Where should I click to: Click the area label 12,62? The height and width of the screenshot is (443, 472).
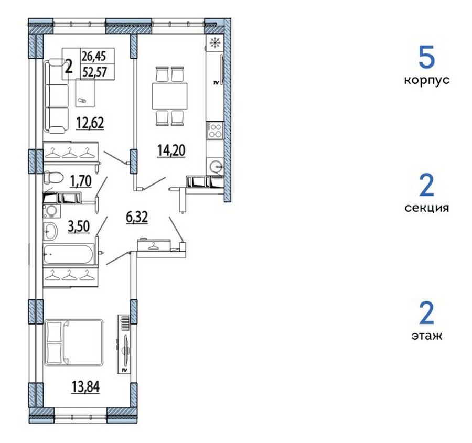[x=90, y=123]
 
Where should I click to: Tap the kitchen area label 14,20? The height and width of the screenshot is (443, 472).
[x=171, y=150]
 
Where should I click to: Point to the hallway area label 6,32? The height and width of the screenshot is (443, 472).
[x=137, y=217]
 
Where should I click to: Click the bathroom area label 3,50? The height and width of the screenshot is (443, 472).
[x=79, y=226]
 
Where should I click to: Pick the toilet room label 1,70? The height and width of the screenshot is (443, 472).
[x=81, y=181]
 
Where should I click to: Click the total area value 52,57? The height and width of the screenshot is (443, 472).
[x=95, y=72]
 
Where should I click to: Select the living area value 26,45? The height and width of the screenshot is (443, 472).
[x=94, y=56]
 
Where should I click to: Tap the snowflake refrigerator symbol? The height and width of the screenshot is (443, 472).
[x=214, y=43]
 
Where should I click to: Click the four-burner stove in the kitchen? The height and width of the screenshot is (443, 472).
[x=215, y=130]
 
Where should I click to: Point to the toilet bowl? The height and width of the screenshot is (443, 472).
[x=53, y=178]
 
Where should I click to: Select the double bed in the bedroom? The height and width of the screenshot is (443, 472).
[x=74, y=342]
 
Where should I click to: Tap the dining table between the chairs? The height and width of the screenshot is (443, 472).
[x=170, y=96]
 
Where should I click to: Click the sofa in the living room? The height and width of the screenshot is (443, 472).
[x=57, y=96]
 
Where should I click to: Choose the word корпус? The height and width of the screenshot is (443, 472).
[x=426, y=80]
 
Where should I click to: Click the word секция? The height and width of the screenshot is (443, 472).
[x=426, y=208]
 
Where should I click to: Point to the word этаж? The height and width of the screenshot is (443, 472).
[x=427, y=336]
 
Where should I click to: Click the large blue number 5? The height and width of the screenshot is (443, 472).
[x=427, y=57]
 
